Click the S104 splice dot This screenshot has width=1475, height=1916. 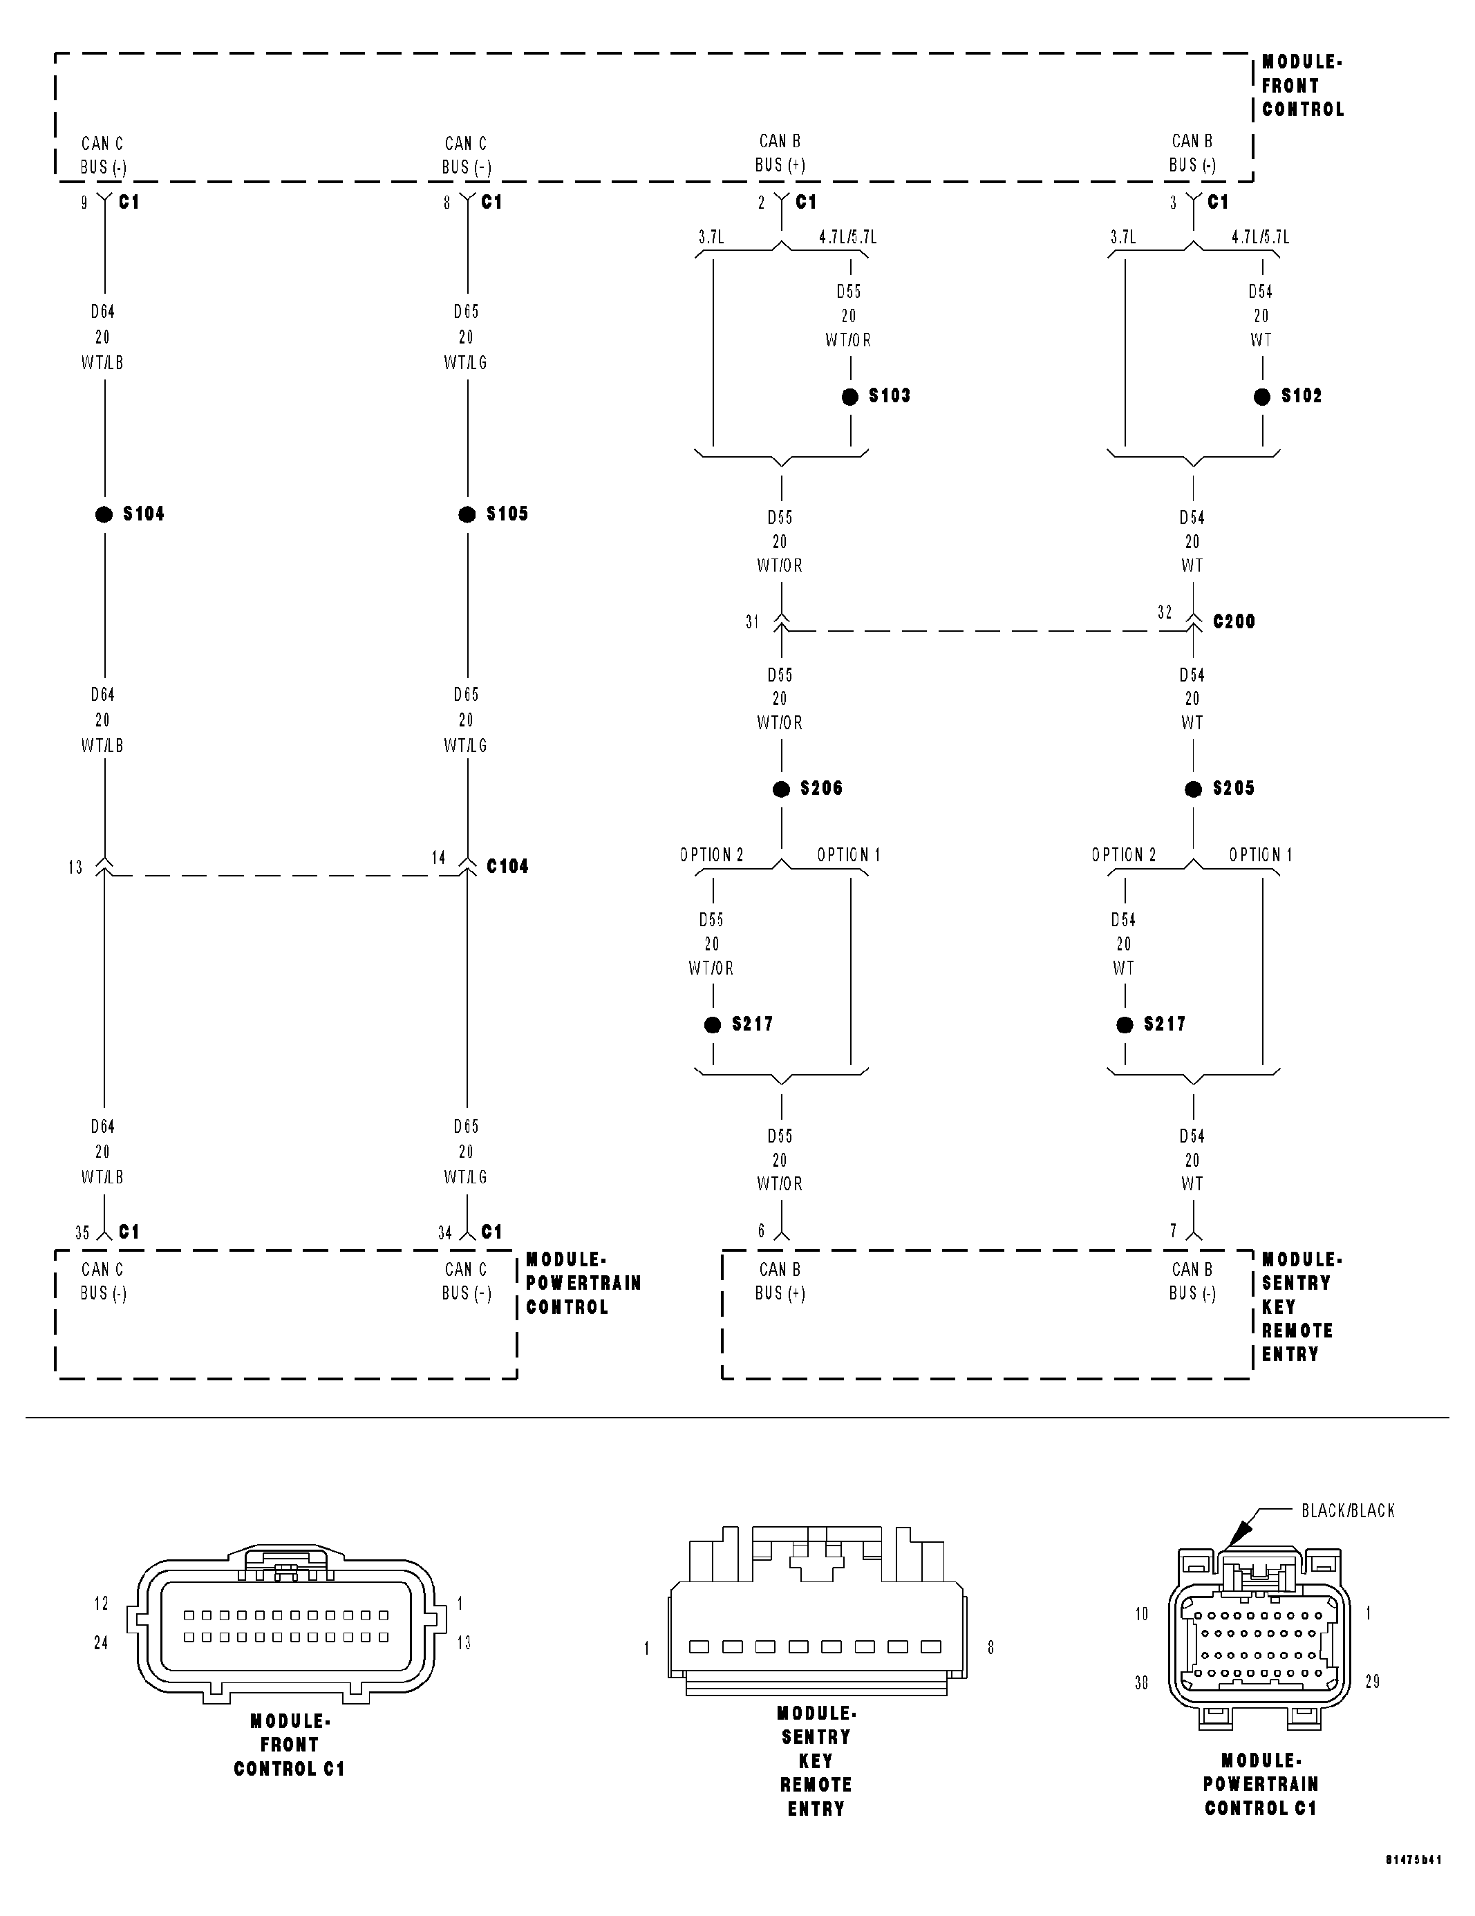click(x=104, y=515)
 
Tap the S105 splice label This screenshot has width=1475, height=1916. click(x=507, y=514)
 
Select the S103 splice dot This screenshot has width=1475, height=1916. click(x=849, y=397)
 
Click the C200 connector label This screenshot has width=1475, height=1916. click(x=1234, y=622)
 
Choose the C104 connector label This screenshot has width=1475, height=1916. click(x=507, y=867)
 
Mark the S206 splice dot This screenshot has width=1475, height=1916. click(x=781, y=789)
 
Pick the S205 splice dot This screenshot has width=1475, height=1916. click(x=1193, y=789)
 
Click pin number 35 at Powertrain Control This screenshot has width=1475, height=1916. click(x=82, y=1232)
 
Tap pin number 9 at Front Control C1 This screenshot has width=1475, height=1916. click(x=84, y=203)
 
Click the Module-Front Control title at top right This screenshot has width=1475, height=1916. click(x=1302, y=86)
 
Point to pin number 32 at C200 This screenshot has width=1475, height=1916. click(x=1165, y=612)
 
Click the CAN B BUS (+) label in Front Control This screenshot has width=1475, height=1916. click(x=780, y=153)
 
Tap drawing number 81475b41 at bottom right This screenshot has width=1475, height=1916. click(x=1413, y=1884)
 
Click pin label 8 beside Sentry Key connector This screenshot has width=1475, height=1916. click(x=990, y=1648)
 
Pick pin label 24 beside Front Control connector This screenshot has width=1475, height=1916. click(x=101, y=1642)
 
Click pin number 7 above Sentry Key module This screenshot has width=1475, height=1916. click(x=1173, y=1231)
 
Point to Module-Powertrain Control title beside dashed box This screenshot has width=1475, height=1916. click(x=583, y=1283)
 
